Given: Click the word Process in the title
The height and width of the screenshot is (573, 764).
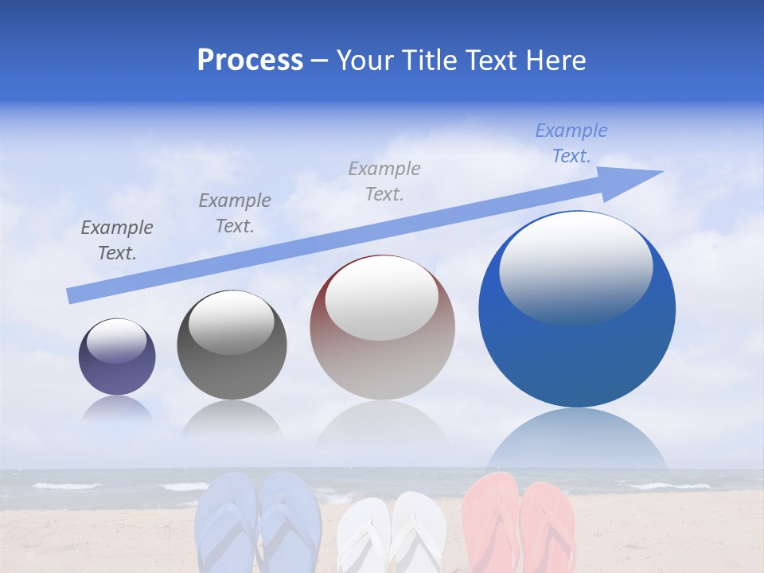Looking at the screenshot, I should [250, 60].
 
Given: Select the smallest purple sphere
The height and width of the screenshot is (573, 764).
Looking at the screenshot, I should [117, 357].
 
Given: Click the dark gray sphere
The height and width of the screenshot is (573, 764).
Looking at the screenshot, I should [232, 345].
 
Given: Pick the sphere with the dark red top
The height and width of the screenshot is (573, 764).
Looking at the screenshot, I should [382, 328].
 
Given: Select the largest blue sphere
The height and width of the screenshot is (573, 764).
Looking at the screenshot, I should [577, 310].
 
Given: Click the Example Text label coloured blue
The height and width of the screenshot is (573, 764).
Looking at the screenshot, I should [571, 143].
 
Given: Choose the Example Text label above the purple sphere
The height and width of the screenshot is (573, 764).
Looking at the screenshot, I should [117, 240].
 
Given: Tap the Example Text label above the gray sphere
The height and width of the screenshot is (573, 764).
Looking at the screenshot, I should [235, 213].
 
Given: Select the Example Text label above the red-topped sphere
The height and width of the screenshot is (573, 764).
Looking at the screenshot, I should [384, 181].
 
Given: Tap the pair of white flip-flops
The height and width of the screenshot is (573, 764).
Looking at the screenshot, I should [390, 533].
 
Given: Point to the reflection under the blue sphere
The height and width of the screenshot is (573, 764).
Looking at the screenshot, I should [577, 442].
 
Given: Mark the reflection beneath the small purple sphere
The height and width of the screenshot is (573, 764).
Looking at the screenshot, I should [117, 409].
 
